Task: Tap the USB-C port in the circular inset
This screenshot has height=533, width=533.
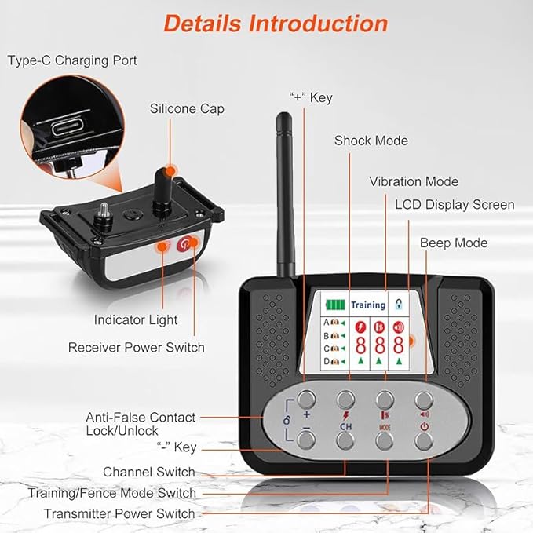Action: click(x=70, y=126)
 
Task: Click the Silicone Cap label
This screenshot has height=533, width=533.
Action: click(x=187, y=108)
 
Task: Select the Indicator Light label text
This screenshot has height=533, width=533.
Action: click(x=136, y=320)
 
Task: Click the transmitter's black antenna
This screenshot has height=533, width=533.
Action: click(x=283, y=195)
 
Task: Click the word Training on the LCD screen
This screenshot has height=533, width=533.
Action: click(x=367, y=304)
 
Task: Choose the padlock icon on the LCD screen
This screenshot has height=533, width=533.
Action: click(x=399, y=303)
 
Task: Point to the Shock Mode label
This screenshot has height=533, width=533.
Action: click(x=371, y=141)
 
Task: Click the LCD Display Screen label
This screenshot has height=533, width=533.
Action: click(x=455, y=205)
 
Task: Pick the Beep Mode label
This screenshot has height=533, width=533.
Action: click(x=454, y=243)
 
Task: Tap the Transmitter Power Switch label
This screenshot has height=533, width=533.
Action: click(x=119, y=513)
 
